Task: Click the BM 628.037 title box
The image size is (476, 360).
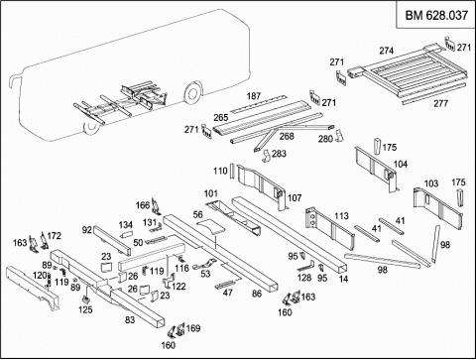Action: tap(436, 15)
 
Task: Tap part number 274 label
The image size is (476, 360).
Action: tap(386, 51)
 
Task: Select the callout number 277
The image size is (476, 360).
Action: tap(440, 103)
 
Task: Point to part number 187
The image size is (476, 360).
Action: tap(254, 96)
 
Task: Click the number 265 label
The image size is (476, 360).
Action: tap(221, 117)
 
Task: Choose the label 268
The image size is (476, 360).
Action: tap(287, 136)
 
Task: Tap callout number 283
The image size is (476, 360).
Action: tap(279, 154)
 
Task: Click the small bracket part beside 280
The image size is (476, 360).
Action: tap(339, 136)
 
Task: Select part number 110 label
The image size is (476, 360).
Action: tap(220, 171)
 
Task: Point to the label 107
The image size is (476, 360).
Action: tap(295, 198)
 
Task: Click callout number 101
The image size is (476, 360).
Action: tap(211, 193)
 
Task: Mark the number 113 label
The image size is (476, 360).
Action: tap(341, 216)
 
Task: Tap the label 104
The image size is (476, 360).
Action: tap(401, 164)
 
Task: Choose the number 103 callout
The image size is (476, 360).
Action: tap(431, 183)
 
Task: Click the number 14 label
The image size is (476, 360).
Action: tap(343, 279)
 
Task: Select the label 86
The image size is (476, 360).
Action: tap(257, 294)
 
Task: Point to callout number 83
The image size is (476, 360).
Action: tap(130, 319)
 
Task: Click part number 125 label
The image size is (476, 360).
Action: tap(85, 309)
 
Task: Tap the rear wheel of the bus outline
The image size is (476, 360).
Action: tap(192, 92)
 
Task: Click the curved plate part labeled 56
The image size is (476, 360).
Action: tap(210, 227)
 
